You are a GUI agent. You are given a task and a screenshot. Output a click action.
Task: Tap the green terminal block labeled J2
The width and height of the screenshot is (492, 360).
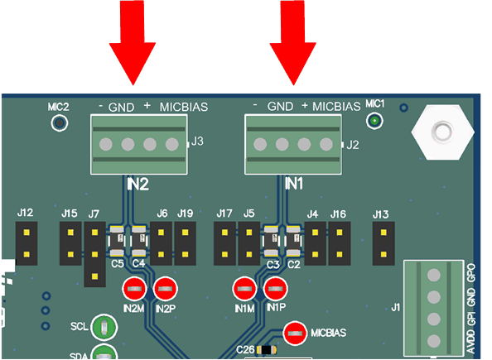(293, 145)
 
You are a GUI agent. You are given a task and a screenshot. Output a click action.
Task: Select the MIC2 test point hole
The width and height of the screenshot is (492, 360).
(59, 123)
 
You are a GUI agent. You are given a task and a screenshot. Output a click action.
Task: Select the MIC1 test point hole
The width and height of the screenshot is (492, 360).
(374, 122)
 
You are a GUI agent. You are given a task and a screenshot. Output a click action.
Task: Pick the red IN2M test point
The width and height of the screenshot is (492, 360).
(134, 290)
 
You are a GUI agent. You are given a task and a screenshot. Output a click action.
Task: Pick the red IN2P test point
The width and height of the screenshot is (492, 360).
(166, 290)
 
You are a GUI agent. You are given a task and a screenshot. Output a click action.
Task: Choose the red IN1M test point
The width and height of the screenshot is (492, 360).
(244, 290)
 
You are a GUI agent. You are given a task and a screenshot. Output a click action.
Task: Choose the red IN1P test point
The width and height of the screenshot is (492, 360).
(275, 290)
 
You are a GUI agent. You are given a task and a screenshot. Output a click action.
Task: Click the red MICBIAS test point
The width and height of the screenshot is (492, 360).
(296, 334)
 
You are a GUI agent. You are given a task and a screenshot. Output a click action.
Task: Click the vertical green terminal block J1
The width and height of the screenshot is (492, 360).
(432, 308)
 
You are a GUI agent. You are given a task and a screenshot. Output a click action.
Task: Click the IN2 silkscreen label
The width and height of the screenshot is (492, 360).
(137, 185)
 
